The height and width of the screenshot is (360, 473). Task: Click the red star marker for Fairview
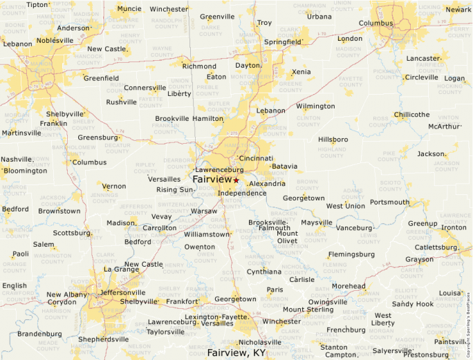[236, 180]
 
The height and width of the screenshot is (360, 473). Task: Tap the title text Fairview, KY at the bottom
[236, 352]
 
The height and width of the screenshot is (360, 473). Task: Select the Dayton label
[247, 65]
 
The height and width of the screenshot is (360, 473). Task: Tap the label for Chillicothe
[411, 115]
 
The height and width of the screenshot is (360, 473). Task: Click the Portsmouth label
[389, 202]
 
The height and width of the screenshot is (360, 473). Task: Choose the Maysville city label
[316, 222]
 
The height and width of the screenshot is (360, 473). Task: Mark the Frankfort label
[183, 301]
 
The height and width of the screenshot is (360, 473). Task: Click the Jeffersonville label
[123, 292]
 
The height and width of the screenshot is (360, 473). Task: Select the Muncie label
[129, 9]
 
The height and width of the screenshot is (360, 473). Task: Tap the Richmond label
[199, 66]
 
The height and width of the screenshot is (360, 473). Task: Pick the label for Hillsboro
[333, 140]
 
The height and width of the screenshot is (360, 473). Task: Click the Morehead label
[349, 286]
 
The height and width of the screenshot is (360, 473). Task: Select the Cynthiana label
[264, 272]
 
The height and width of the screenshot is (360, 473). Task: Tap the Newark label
[458, 10]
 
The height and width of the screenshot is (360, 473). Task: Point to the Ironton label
[454, 227]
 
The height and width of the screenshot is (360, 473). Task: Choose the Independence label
[242, 193]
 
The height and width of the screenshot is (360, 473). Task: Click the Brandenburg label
[39, 334]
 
